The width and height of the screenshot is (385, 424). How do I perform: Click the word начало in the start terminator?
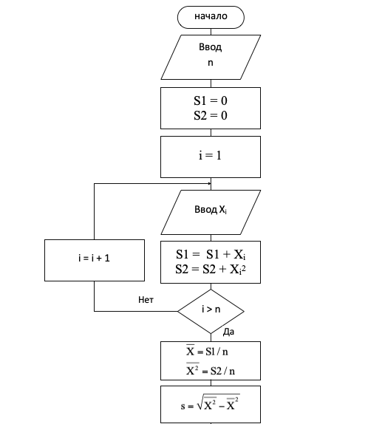tap(211, 16)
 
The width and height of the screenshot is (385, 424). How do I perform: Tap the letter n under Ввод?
tap(211, 63)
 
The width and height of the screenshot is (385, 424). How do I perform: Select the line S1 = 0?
tap(211, 100)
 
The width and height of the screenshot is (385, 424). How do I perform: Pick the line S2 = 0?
tap(211, 115)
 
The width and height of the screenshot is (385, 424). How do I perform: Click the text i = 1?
tap(210, 155)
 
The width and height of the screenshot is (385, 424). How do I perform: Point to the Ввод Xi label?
tap(211, 210)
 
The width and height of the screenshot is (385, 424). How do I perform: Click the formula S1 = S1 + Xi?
tap(211, 254)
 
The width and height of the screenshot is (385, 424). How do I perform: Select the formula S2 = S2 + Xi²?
tap(211, 270)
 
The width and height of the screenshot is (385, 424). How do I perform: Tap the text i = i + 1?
tap(94, 259)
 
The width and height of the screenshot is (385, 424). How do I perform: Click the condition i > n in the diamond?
tap(211, 309)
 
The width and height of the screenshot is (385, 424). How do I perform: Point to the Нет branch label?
tap(146, 300)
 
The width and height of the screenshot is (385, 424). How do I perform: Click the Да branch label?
tap(228, 332)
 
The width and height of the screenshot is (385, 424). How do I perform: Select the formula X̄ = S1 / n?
tap(207, 351)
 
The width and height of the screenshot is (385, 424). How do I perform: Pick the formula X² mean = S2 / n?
tap(211, 369)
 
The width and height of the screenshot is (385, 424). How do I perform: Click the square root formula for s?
tap(211, 403)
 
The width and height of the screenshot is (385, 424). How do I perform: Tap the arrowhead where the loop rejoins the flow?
tap(209, 184)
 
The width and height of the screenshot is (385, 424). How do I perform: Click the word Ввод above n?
tap(210, 47)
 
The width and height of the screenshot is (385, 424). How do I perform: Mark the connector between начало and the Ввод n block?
tap(211, 32)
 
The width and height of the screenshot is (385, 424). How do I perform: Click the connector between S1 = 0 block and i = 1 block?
tap(211, 132)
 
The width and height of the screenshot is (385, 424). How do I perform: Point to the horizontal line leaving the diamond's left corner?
tap(136, 311)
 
